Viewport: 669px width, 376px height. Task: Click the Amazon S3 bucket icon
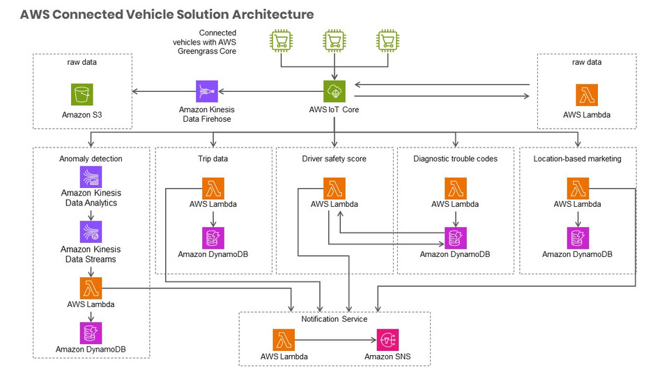tap(82, 94)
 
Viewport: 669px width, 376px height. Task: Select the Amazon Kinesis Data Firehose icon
tap(206, 91)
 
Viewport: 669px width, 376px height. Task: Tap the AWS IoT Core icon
tap(334, 91)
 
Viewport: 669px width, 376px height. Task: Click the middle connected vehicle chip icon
tap(334, 41)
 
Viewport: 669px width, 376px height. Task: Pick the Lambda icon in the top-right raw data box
tap(587, 95)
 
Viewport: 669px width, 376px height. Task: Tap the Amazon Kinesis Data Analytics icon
tap(91, 176)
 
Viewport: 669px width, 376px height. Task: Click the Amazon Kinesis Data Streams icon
tap(91, 232)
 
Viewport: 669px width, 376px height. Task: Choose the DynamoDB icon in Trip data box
tap(213, 238)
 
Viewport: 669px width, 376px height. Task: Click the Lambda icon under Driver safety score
tap(334, 188)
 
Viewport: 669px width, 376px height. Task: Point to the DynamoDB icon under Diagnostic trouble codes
tap(455, 238)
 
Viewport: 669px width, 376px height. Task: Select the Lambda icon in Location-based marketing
tap(577, 188)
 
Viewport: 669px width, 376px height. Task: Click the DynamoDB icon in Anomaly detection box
tap(91, 332)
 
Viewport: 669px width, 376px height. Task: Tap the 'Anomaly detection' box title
tap(91, 159)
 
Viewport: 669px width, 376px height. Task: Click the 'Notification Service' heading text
tap(334, 319)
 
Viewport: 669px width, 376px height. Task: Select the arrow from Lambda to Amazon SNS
tap(334, 340)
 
